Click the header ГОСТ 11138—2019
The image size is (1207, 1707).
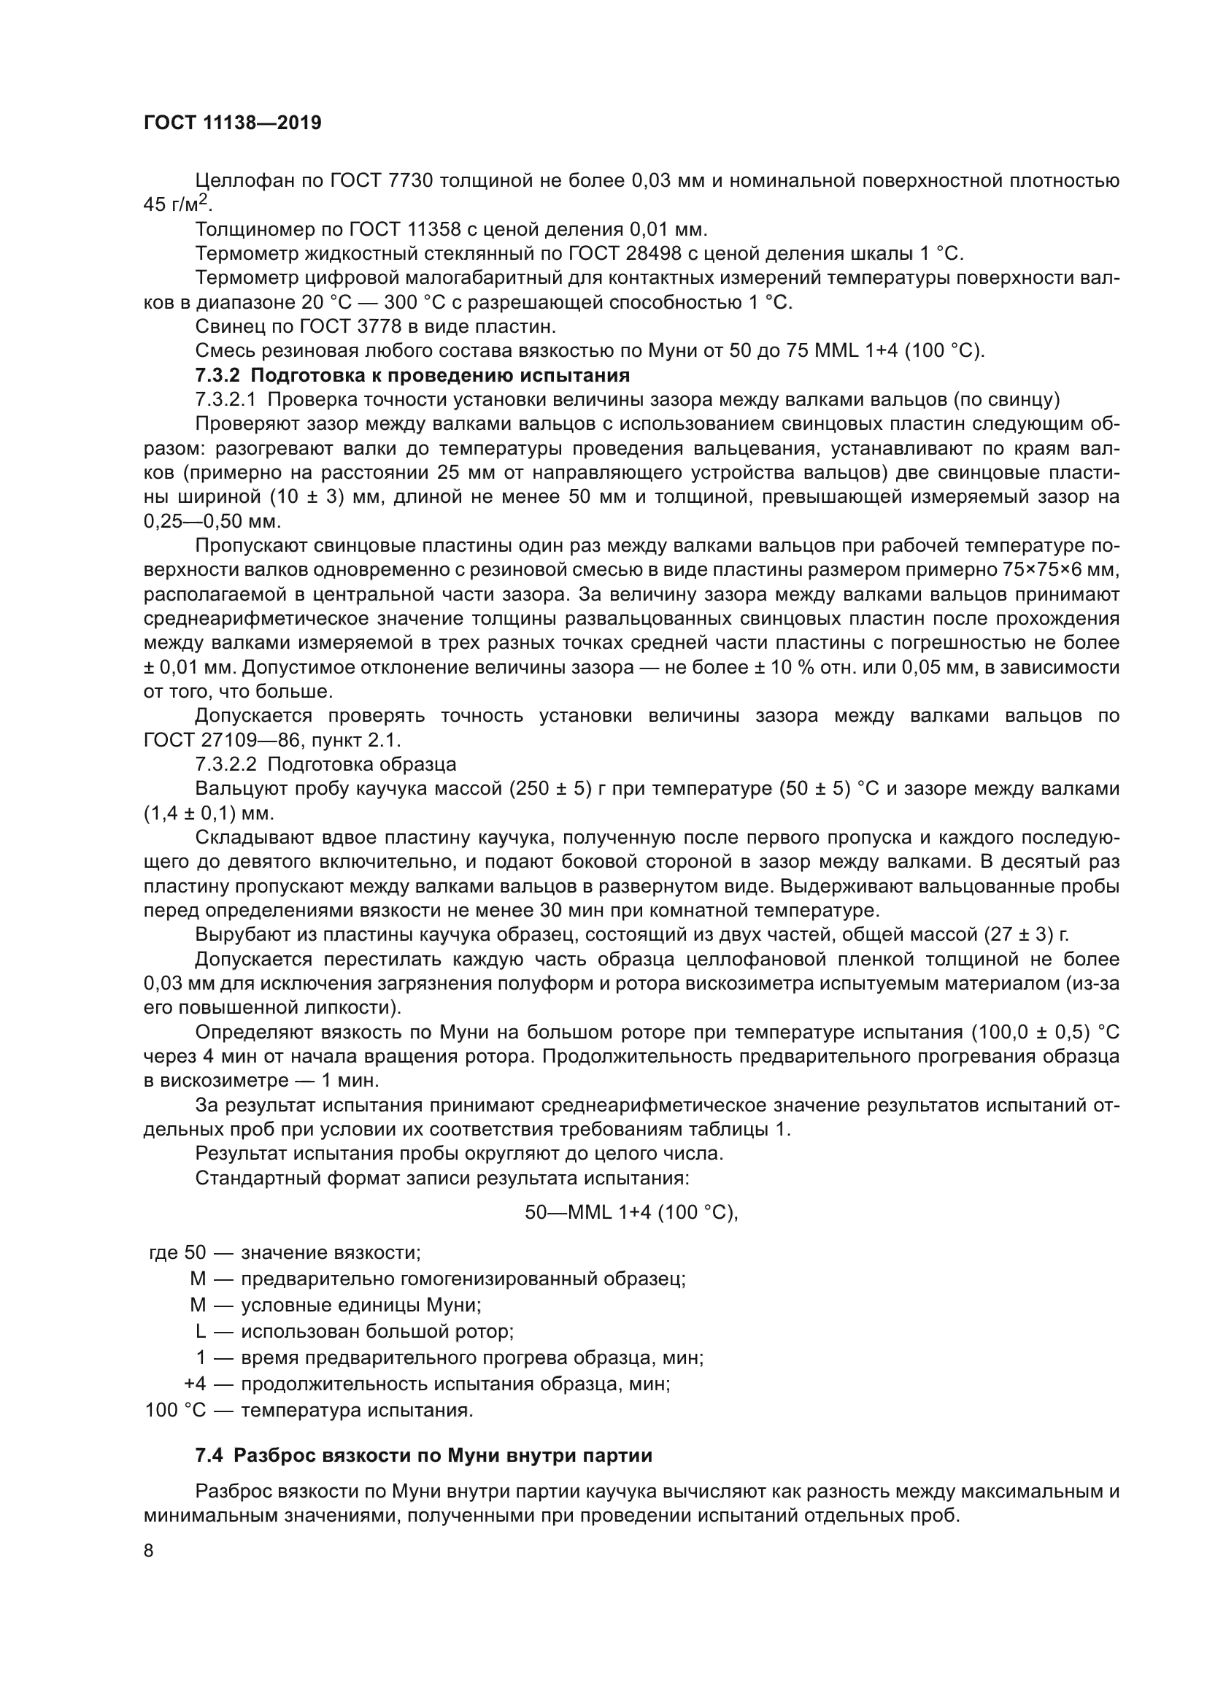[233, 123]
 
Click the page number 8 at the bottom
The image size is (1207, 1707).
[149, 1550]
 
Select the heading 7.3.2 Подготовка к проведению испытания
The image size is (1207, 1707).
[412, 374]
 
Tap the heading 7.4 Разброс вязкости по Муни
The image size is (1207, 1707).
[424, 1455]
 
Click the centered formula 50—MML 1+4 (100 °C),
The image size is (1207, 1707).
[631, 1213]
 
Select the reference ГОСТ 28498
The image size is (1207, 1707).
[625, 253]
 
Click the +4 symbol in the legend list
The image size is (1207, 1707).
[195, 1384]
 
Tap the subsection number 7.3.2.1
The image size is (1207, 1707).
[226, 399]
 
